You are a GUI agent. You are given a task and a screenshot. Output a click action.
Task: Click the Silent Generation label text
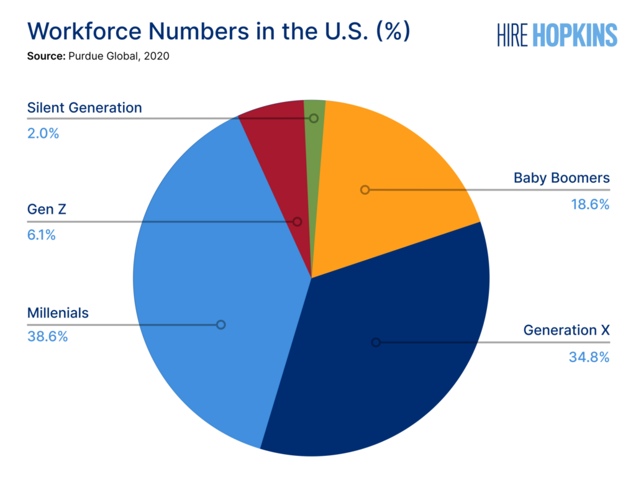(x=84, y=107)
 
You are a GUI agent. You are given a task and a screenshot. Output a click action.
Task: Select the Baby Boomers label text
(x=561, y=178)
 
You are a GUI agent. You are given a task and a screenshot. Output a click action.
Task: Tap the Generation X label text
(x=566, y=330)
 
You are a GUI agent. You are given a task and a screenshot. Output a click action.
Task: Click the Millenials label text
(x=58, y=313)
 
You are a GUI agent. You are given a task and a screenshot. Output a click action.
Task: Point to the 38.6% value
(x=47, y=337)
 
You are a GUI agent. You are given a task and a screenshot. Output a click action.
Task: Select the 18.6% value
(x=590, y=204)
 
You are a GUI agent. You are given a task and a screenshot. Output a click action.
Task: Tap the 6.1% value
(x=42, y=235)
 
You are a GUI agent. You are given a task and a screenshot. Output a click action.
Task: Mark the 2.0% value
(x=43, y=132)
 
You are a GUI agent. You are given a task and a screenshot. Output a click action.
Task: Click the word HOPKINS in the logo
(x=575, y=35)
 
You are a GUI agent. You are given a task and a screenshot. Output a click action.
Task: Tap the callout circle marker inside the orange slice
(x=365, y=189)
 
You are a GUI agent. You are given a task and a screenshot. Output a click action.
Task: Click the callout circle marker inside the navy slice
(x=375, y=342)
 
